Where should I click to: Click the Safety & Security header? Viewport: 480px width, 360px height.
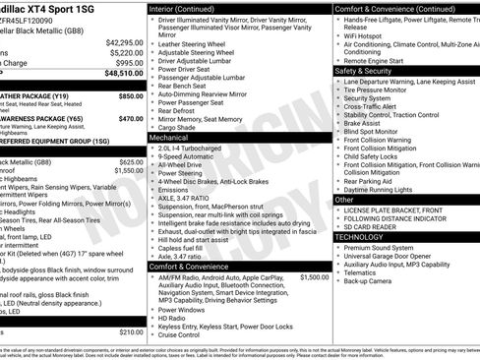click(363, 71)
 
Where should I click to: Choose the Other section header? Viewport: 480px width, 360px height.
click(344, 200)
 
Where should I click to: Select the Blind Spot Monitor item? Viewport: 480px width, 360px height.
click(372, 131)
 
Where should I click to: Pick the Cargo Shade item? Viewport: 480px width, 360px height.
click(177, 127)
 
